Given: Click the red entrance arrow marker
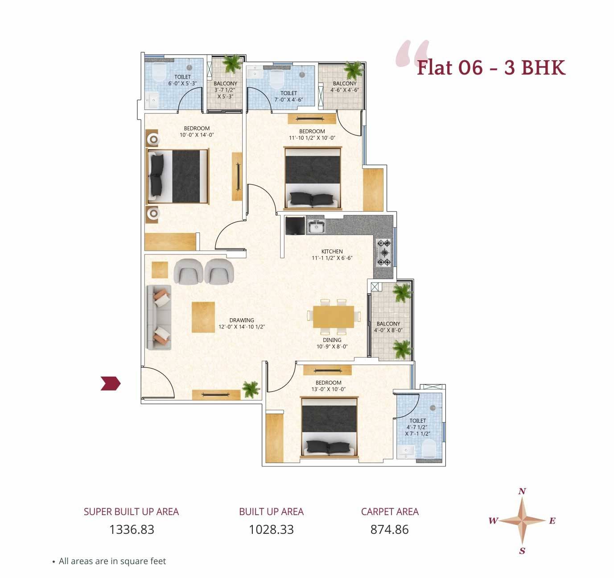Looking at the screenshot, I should click(x=110, y=383).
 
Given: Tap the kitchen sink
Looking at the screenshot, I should click(x=316, y=226).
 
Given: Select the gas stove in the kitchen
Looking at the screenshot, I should click(x=384, y=253).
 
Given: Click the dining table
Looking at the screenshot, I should click(x=333, y=316).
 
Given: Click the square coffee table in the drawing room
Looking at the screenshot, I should click(x=203, y=317).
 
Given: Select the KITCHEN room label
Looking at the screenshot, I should click(x=332, y=251).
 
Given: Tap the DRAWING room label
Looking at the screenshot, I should click(x=242, y=320).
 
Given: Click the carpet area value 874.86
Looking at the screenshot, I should click(x=389, y=529).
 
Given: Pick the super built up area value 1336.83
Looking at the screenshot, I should click(x=132, y=529).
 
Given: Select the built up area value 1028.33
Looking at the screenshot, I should click(x=271, y=529).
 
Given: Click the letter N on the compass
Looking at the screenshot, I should click(x=522, y=491).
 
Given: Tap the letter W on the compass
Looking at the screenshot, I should click(x=493, y=520).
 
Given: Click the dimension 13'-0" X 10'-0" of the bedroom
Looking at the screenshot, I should click(x=328, y=389).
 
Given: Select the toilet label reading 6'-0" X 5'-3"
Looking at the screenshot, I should click(x=182, y=83).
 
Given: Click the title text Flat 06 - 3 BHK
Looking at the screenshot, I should click(x=491, y=68).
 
